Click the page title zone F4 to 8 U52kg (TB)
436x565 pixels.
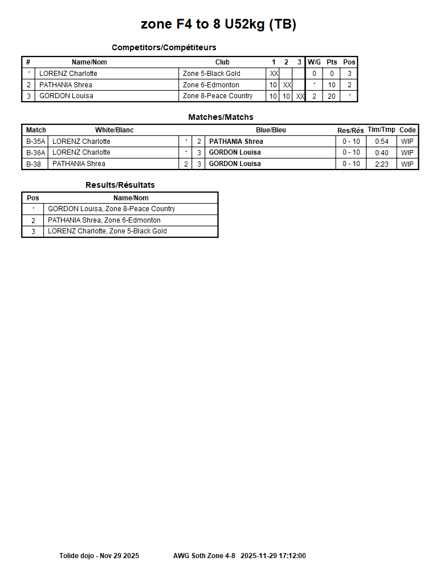(x=218, y=25)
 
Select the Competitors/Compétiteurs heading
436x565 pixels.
(x=164, y=47)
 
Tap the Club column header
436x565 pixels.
(x=222, y=62)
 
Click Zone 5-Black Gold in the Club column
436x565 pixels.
(x=211, y=74)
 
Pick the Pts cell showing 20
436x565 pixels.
(x=332, y=96)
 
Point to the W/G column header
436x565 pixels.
(x=314, y=62)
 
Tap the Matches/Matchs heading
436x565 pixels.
(x=221, y=117)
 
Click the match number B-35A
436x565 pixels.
(x=35, y=142)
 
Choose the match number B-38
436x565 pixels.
(x=34, y=164)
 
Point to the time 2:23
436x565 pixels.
(x=382, y=164)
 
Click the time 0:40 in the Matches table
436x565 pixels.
(x=382, y=152)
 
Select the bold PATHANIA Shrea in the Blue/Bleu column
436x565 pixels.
(x=236, y=142)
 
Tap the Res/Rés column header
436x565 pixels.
(x=351, y=131)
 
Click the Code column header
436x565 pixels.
(x=408, y=130)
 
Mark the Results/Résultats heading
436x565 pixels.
(x=120, y=185)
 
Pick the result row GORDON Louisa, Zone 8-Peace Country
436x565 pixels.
(x=111, y=209)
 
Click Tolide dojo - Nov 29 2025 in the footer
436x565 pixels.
(x=99, y=555)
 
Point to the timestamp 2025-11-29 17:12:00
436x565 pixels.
(x=273, y=555)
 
